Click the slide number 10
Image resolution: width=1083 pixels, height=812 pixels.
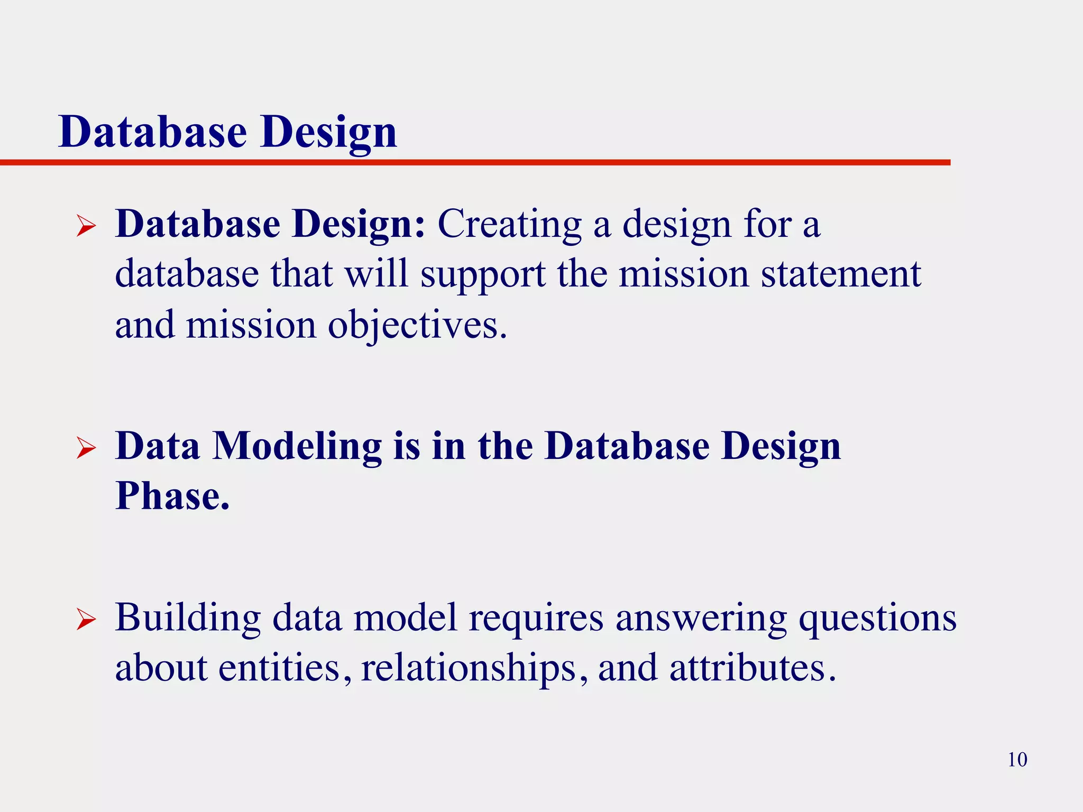1017,760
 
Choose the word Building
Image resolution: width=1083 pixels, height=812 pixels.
188,617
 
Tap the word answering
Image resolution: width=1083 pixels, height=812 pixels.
701,617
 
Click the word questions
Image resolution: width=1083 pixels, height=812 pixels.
877,617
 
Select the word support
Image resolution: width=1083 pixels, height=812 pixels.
483,275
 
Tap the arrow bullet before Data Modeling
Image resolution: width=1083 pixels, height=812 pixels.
86,448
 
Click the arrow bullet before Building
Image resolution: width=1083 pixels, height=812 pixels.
86,620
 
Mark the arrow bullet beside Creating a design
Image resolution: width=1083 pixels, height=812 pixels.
86,226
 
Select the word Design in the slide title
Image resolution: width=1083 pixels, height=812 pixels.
328,132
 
